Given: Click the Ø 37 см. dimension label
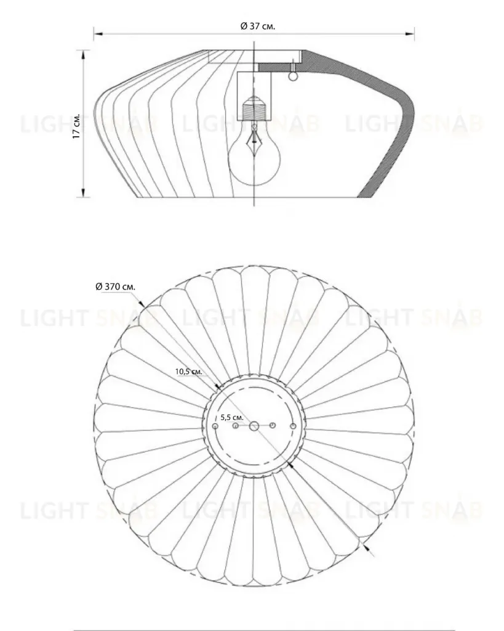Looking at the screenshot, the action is pos(258,26).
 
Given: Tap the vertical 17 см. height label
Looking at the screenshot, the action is pos(76,126).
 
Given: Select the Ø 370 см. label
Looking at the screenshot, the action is pos(115,287).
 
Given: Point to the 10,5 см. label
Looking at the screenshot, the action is pos(188,372).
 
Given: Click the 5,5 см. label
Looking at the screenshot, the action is pos(232,417).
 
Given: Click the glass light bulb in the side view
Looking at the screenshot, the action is pos(254,157).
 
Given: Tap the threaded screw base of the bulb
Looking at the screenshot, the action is pos(254,108).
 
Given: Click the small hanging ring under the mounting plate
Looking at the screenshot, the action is pos(294,75).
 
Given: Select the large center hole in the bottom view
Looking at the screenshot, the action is pos(254,426).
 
